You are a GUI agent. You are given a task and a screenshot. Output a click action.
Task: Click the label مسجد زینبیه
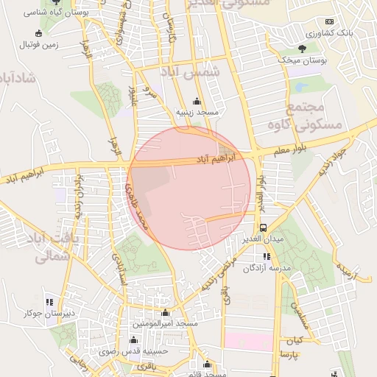coord(196,113)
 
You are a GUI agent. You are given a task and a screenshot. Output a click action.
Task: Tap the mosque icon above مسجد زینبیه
coord(196,102)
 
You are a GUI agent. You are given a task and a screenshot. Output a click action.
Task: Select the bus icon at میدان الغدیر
coord(264,228)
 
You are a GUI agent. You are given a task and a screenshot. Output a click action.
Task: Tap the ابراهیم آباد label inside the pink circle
coord(216,158)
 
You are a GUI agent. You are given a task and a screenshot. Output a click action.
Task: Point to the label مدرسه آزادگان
coord(266,268)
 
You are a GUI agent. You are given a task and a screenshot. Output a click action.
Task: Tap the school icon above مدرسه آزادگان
coord(266,257)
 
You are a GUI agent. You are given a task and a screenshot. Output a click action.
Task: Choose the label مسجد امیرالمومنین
coord(165,324)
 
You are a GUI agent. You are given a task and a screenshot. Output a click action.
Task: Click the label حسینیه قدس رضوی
coord(133,350)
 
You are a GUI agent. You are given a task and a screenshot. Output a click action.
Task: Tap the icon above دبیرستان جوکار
coord(49,302)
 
